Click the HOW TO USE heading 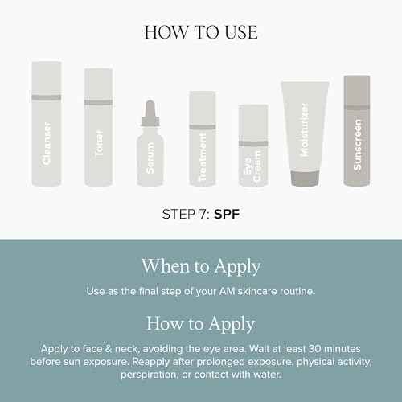tap(200, 32)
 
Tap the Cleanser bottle tap(46, 125)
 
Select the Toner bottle tap(99, 129)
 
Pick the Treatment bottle tap(202, 138)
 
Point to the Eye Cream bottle tap(252, 146)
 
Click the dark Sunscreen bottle tap(356, 130)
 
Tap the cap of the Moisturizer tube tap(304, 178)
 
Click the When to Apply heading tap(200, 266)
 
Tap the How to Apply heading tap(200, 324)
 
